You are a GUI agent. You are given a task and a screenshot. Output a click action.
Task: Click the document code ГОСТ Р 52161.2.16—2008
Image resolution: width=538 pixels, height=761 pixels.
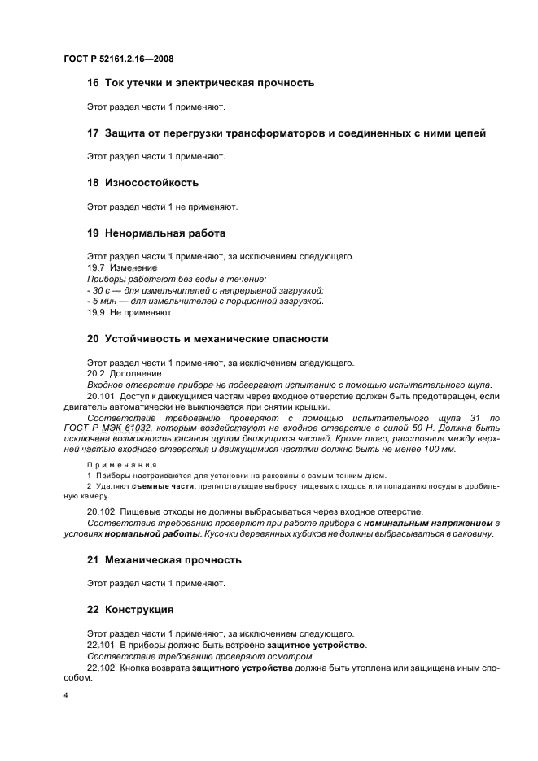118,59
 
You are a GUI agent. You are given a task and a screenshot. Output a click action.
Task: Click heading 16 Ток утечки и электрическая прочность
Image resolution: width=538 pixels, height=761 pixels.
200,83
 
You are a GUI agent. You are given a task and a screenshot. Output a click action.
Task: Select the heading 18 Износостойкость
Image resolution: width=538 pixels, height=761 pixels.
142,183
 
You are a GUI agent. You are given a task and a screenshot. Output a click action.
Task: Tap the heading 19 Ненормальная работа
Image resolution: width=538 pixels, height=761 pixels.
155,233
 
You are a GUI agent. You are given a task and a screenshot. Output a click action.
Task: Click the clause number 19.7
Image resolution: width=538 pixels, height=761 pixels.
97,267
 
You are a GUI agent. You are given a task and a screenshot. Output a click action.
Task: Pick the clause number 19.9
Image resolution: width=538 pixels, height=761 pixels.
97,311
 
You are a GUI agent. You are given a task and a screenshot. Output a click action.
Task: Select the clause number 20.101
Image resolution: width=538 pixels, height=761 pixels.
100,395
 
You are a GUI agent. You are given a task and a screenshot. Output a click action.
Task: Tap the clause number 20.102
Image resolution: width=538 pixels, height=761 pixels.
100,511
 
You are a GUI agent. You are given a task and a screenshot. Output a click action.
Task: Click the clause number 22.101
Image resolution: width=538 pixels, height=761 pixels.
100,645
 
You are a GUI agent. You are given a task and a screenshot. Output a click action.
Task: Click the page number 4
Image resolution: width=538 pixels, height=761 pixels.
64,697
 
